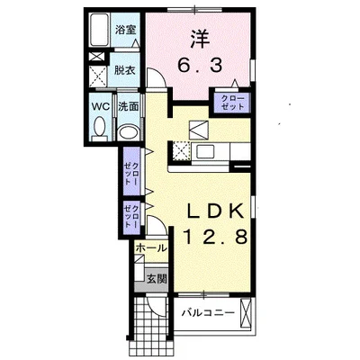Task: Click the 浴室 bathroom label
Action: coord(126,30)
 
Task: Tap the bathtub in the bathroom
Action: coord(99,30)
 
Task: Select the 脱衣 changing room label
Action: coord(124,70)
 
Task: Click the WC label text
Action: coord(101,106)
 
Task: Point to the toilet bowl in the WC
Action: coord(99,129)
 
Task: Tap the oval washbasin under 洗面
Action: coord(128,132)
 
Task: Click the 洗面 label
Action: coord(128,106)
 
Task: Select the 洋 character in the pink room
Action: coord(200,40)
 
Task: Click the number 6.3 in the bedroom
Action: coord(200,65)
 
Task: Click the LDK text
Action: coord(215,211)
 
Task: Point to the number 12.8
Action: coord(215,236)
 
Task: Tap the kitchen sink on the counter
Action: coord(205,151)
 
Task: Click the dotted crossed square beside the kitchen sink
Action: coord(181,151)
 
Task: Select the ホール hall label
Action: coord(150,248)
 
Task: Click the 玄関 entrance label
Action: coord(157,279)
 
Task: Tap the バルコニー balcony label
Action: coord(208,313)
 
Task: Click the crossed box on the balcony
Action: coord(246,313)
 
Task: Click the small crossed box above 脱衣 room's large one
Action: coord(96,57)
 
